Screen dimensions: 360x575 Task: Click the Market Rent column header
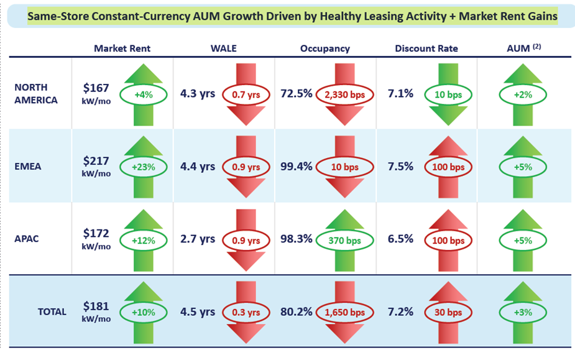pos(122,48)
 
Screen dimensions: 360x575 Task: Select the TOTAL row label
pos(52,312)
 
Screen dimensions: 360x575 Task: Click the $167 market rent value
pos(96,89)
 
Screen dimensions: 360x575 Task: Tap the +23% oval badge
pos(148,167)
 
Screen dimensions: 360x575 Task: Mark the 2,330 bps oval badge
pos(345,95)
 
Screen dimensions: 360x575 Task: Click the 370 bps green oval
pos(345,239)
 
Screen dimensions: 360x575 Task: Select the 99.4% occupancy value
pos(297,167)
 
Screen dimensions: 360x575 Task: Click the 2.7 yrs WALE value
pos(198,239)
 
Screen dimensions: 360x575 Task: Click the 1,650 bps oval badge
pos(345,312)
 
